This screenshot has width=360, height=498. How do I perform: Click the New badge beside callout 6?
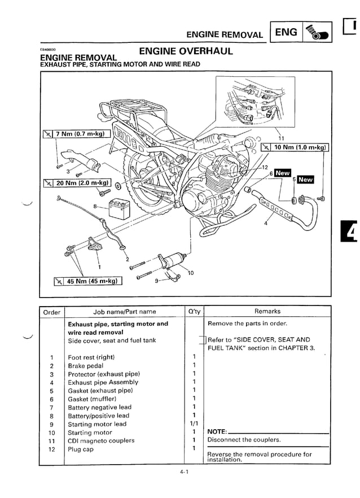click(282, 173)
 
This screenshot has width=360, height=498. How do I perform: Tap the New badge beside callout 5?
click(305, 180)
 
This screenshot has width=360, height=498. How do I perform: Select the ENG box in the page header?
click(286, 33)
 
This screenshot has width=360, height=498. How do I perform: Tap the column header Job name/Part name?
click(124, 311)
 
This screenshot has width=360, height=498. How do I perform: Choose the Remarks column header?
click(267, 311)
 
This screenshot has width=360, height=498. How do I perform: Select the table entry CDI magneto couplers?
click(101, 440)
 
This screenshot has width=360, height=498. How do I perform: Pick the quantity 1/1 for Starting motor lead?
click(194, 424)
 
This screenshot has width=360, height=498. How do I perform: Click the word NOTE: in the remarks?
click(217, 433)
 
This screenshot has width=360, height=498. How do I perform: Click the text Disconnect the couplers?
click(244, 440)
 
